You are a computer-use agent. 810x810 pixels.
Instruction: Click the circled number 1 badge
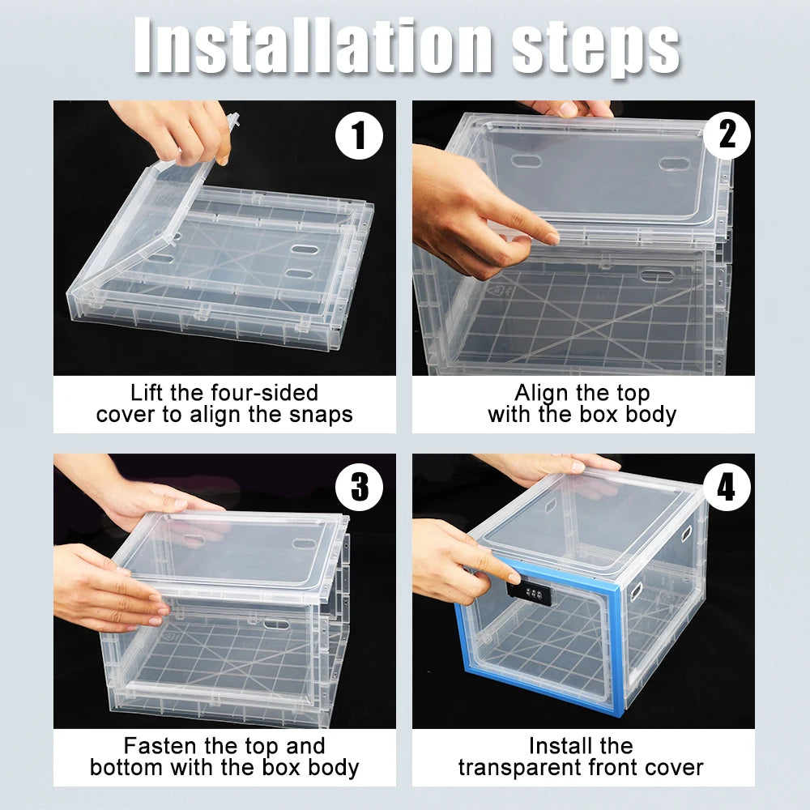tap(359, 136)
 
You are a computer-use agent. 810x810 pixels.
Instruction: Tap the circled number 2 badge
tap(727, 134)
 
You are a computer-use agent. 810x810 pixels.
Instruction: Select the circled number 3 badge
tap(359, 488)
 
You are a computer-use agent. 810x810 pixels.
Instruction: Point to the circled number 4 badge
tap(727, 488)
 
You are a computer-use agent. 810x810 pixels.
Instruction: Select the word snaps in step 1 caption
tap(318, 415)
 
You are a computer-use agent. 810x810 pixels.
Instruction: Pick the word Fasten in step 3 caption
tap(160, 745)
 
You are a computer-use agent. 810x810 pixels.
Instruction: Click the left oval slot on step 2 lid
tap(527, 161)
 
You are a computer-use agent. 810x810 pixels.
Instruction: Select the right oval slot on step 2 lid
tap(672, 164)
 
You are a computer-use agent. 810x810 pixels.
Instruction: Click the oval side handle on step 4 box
tap(687, 534)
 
